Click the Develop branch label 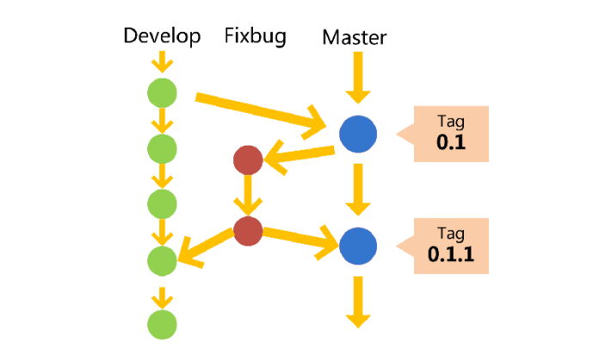pyautogui.click(x=162, y=35)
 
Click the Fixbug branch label pyautogui.click(x=255, y=35)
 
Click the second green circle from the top pyautogui.click(x=162, y=148)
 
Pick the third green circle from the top pyautogui.click(x=162, y=203)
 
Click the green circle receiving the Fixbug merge pyautogui.click(x=162, y=258)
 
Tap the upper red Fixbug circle pyautogui.click(x=248, y=160)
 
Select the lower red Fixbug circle pyautogui.click(x=248, y=230)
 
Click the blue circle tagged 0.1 pyautogui.click(x=358, y=134)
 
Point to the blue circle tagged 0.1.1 pyautogui.click(x=358, y=246)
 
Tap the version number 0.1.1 pyautogui.click(x=451, y=255)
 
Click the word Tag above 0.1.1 pyautogui.click(x=451, y=233)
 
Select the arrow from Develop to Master pyautogui.click(x=258, y=111)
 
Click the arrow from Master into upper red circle pyautogui.click(x=300, y=155)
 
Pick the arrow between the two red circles pyautogui.click(x=248, y=196)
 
